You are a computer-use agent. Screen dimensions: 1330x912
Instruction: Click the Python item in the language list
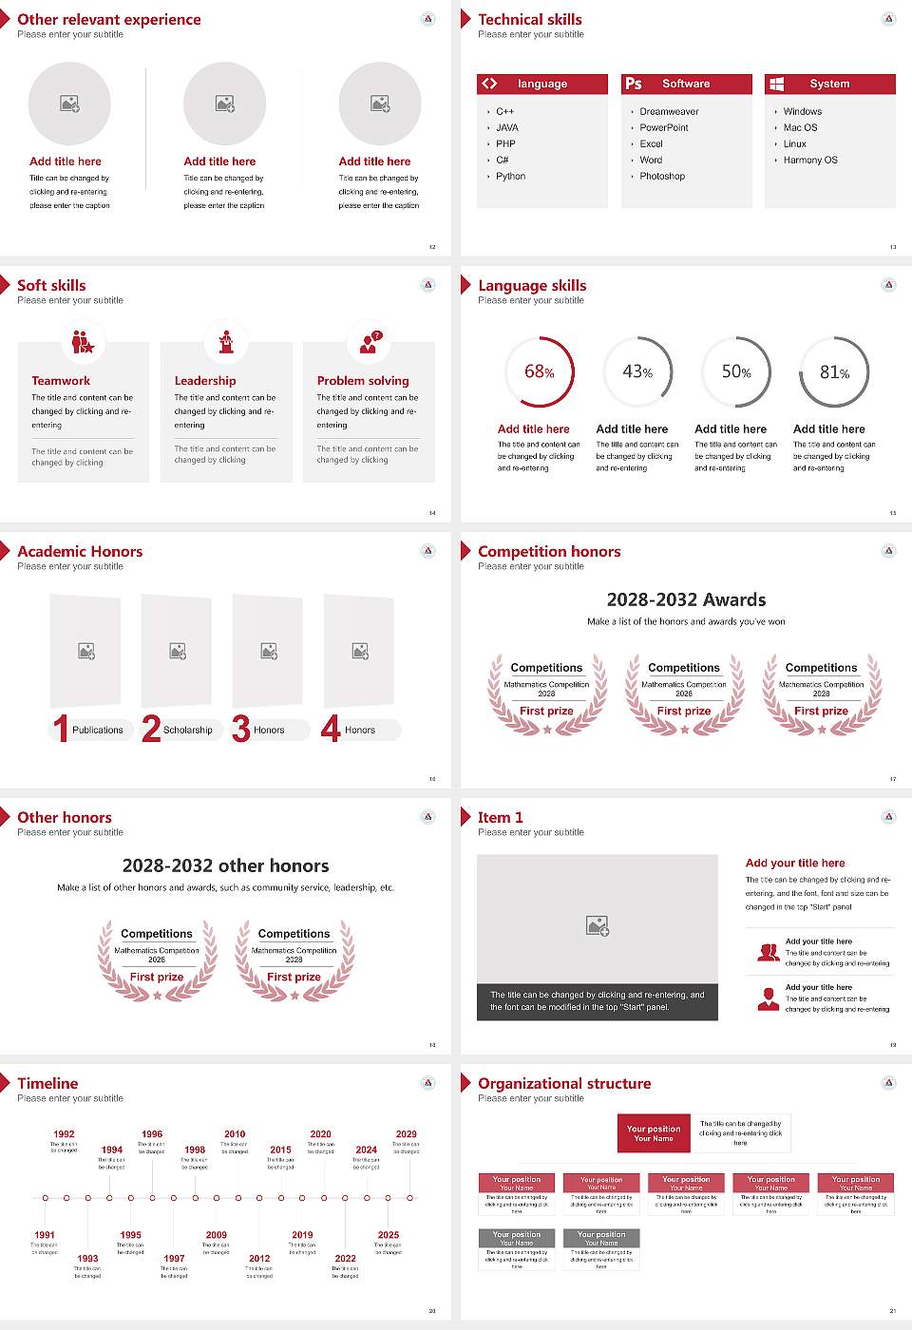click(510, 177)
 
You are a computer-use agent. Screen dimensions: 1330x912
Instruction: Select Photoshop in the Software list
click(662, 177)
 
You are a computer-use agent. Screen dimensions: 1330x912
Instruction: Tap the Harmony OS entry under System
click(810, 161)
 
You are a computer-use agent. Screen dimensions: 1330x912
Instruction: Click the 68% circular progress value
click(540, 372)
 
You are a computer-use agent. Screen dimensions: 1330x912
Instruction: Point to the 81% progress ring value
click(834, 372)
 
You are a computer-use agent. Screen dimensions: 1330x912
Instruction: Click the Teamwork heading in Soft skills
click(61, 381)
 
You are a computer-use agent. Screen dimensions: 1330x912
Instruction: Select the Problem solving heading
click(363, 381)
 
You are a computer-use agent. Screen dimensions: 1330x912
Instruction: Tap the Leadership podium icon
click(226, 342)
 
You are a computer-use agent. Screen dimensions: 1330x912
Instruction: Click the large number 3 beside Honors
click(241, 729)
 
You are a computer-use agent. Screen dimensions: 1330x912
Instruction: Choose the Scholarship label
click(187, 731)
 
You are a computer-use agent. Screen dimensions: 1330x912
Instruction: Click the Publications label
click(98, 731)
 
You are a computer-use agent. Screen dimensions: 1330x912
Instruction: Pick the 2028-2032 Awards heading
click(686, 600)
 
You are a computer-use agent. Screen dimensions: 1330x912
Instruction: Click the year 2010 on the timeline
click(235, 1134)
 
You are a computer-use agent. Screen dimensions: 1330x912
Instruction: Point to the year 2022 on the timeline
click(346, 1259)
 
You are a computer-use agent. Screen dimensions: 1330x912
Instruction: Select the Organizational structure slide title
click(564, 1084)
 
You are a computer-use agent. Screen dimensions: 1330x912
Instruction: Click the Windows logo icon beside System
click(777, 84)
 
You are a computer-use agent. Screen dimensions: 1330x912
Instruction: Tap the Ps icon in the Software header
click(634, 84)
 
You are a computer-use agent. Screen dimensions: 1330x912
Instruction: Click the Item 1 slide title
click(500, 818)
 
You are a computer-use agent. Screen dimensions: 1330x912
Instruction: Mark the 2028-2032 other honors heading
click(225, 866)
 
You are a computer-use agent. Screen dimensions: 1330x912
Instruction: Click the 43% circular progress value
click(637, 372)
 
